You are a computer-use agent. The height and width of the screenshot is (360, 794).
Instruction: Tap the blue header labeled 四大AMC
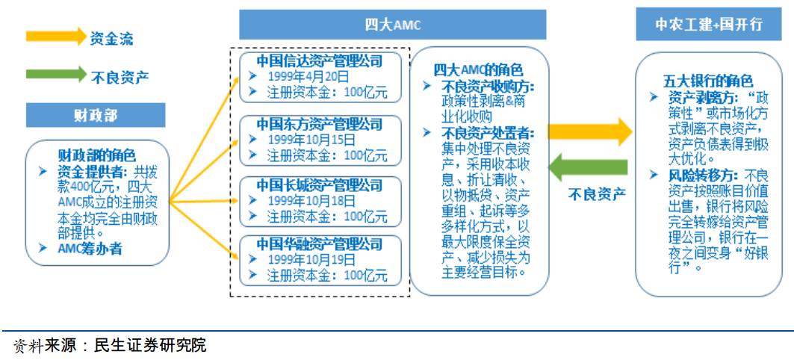[392, 25]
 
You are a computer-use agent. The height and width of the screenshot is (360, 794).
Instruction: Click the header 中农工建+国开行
[708, 24]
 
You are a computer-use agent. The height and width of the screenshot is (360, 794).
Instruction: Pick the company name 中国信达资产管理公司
[319, 61]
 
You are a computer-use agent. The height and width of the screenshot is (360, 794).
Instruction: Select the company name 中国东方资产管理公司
[319, 123]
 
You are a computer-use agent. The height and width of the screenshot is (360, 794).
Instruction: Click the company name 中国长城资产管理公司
[319, 184]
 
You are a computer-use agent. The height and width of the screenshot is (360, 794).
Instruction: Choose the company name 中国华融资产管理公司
[319, 244]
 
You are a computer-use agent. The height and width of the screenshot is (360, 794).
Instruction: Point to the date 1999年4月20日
[308, 76]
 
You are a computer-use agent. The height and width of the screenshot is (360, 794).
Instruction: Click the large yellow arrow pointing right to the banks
[590, 132]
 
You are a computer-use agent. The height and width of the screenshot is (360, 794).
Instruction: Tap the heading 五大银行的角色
[707, 81]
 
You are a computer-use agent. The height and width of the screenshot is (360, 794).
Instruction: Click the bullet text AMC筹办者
[90, 249]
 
